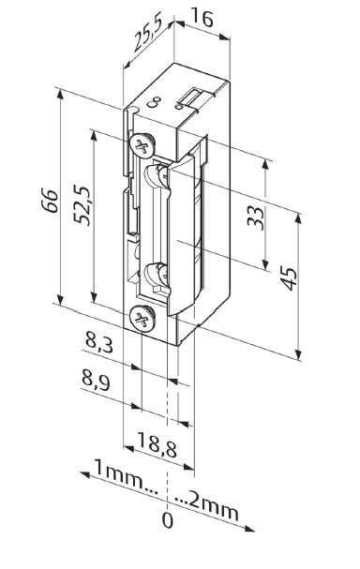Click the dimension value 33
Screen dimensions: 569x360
pyautogui.click(x=256, y=217)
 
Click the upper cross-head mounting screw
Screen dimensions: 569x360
pyautogui.click(x=141, y=145)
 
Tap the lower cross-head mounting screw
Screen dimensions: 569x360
pyautogui.click(x=142, y=318)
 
